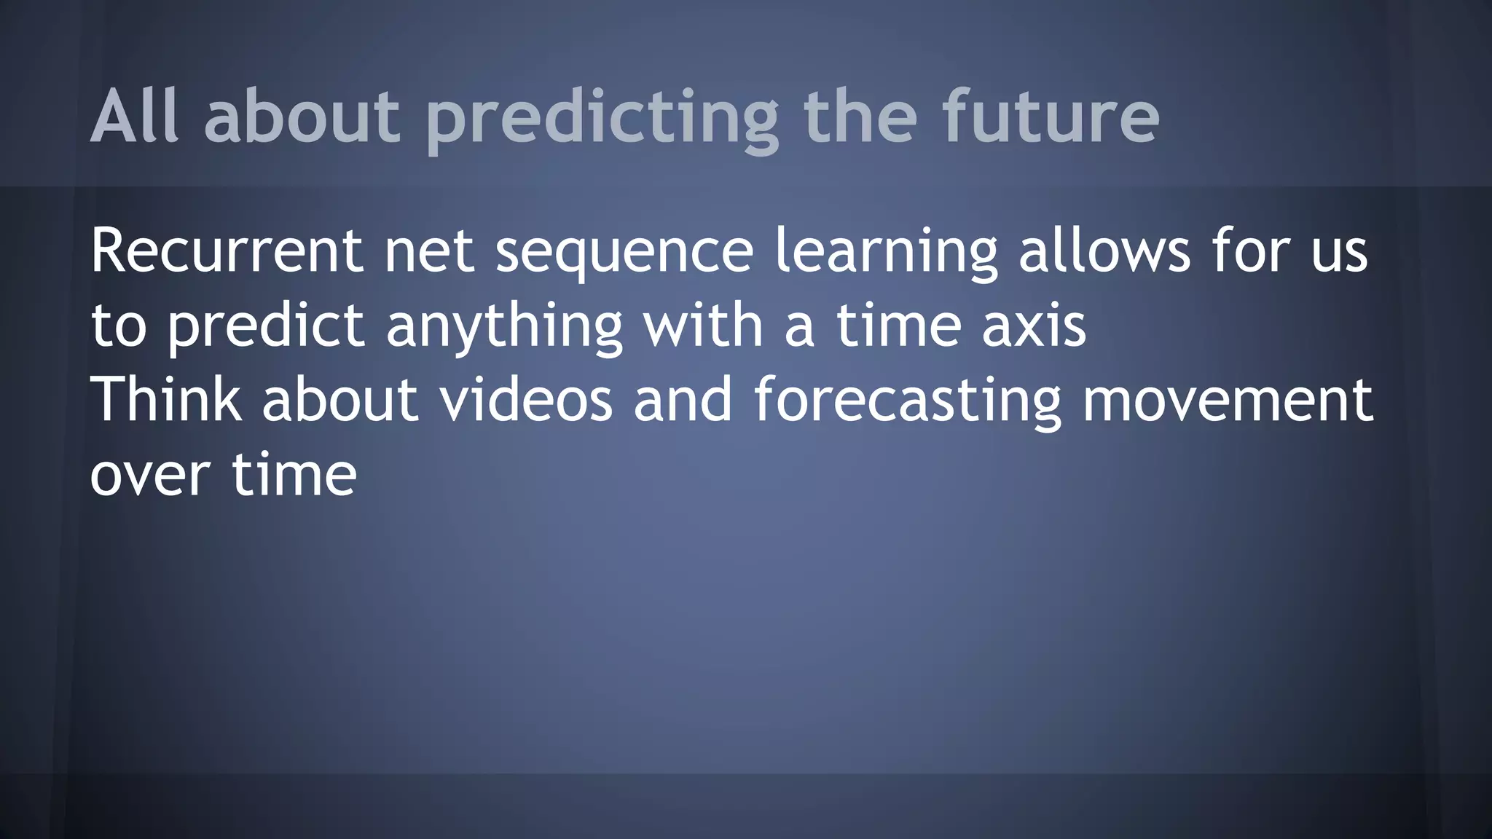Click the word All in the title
pyautogui.click(x=134, y=117)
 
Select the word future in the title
pyautogui.click(x=1051, y=117)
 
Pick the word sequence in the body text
pyautogui.click(x=624, y=253)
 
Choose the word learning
pyautogui.click(x=886, y=253)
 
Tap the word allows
pyautogui.click(x=1104, y=251)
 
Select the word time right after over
pyautogui.click(x=294, y=474)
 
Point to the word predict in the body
pyautogui.click(x=266, y=328)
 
